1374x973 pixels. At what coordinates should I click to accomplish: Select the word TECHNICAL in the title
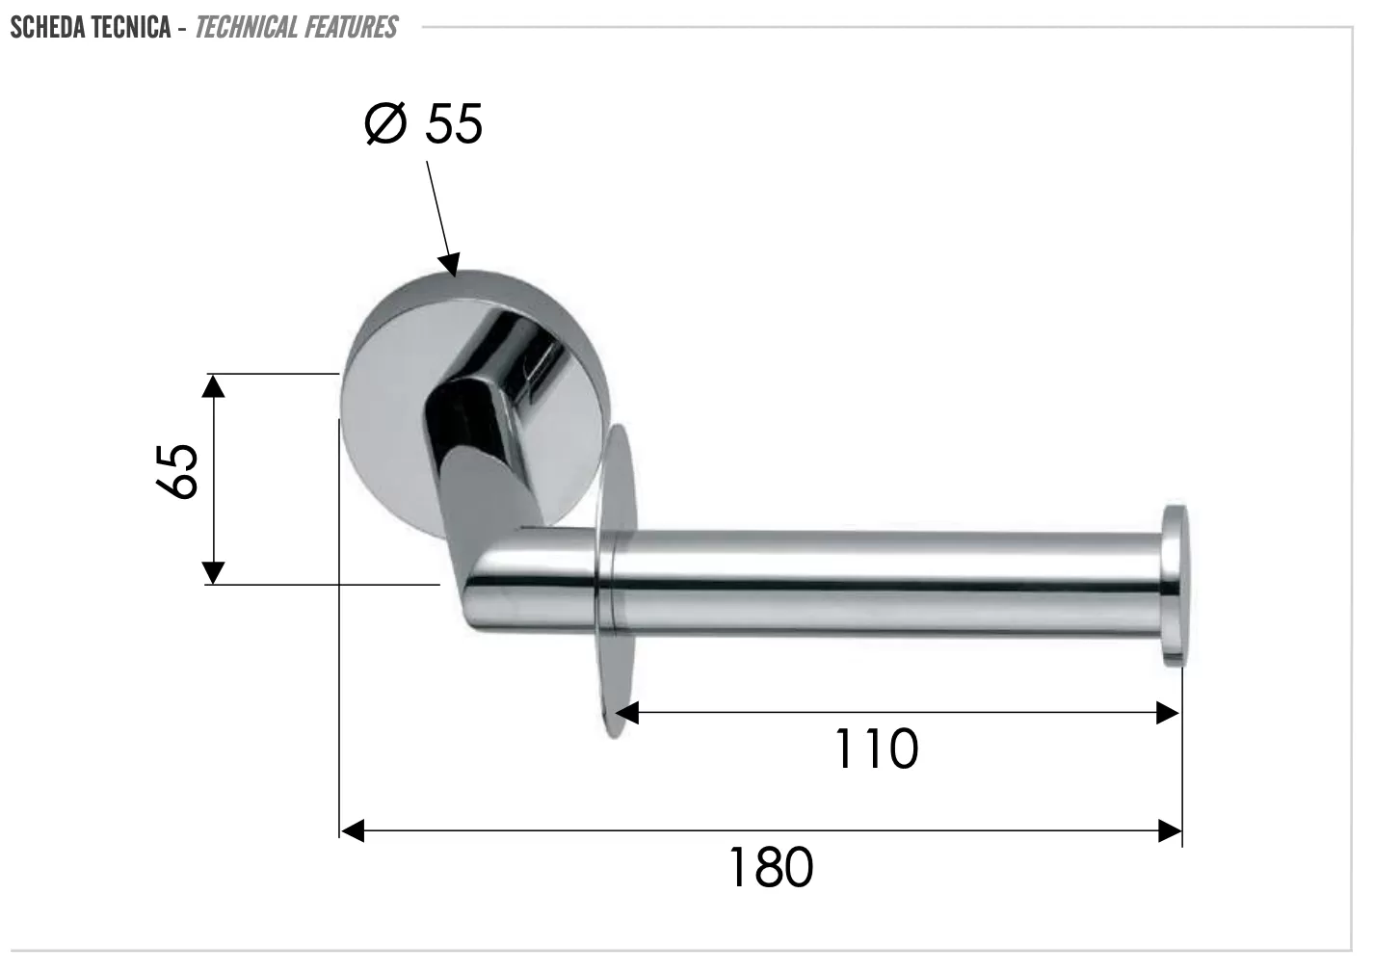242,27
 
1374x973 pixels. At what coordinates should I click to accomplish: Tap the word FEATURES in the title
347,27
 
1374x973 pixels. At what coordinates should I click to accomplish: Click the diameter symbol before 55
385,123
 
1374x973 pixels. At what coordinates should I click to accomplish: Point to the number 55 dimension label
454,124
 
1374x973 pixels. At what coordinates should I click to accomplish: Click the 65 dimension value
177,471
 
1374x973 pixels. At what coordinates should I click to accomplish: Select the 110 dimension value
877,749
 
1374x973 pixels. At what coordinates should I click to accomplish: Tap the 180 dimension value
771,867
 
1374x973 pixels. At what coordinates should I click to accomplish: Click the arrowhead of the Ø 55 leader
450,264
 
